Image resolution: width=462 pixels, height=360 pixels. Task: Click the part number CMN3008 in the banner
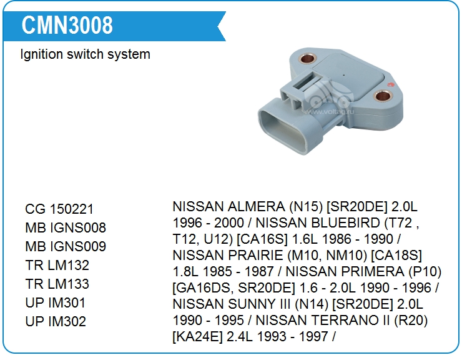[x=67, y=25]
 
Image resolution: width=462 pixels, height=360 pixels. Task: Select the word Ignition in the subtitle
[x=42, y=55]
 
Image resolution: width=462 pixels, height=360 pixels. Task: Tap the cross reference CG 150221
[x=59, y=209]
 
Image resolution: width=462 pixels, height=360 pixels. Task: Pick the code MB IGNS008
[x=66, y=227]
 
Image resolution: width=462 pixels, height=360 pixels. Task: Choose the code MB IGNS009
[x=66, y=247]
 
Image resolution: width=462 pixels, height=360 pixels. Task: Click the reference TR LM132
[x=57, y=265]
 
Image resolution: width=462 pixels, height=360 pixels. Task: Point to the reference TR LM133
[x=57, y=284]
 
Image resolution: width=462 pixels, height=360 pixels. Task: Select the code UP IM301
[x=56, y=302]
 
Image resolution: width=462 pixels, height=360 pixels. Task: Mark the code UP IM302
[x=56, y=321]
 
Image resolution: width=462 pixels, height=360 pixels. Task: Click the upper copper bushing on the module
[x=307, y=58]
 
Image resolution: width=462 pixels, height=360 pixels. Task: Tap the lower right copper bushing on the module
[x=383, y=96]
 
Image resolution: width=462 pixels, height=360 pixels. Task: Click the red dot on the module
[x=391, y=85]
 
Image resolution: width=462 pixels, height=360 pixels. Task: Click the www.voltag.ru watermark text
[x=329, y=111]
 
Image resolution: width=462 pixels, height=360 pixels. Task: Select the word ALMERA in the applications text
[x=257, y=207]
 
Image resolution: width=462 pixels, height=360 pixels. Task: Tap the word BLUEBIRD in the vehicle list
[x=318, y=223]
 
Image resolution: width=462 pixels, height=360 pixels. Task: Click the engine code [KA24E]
[x=197, y=337]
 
